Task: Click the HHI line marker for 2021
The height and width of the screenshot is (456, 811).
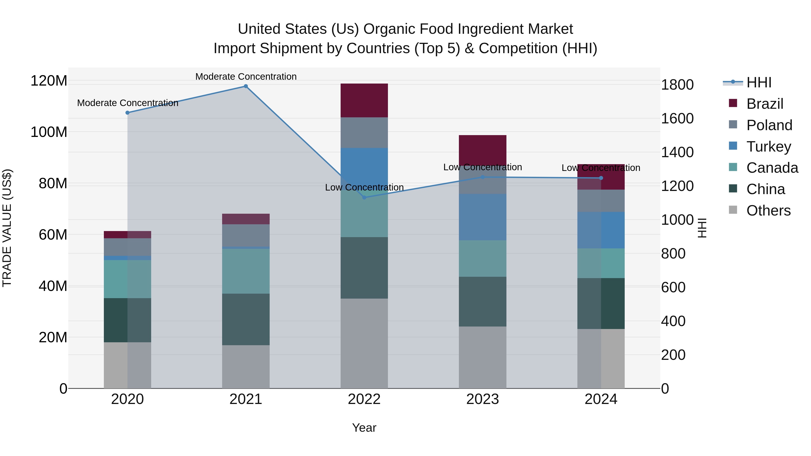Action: (x=246, y=86)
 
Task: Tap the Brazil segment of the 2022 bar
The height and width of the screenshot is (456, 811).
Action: (x=364, y=100)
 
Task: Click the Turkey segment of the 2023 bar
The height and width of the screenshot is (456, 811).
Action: (x=483, y=217)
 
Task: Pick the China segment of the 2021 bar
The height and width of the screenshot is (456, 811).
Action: (x=246, y=319)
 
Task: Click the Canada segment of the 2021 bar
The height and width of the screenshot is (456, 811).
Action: (x=246, y=271)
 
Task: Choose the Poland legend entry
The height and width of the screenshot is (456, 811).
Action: (x=769, y=125)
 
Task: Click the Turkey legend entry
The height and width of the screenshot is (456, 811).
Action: (x=768, y=147)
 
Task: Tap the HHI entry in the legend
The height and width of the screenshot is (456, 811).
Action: (x=759, y=82)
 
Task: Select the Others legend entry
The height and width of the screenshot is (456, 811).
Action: (x=768, y=211)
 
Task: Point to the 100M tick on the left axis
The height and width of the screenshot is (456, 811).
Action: (x=49, y=132)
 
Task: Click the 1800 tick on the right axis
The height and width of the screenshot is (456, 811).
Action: (x=677, y=85)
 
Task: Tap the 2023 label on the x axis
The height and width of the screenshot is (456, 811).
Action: (x=483, y=399)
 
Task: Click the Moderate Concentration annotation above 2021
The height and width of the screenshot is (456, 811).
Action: (x=246, y=77)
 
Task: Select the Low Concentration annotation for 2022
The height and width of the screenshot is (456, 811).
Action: (x=364, y=187)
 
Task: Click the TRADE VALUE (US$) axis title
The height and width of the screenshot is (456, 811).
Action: (x=7, y=228)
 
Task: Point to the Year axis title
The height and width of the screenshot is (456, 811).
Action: (x=364, y=428)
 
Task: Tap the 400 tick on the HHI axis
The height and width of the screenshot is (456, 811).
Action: (x=673, y=321)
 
